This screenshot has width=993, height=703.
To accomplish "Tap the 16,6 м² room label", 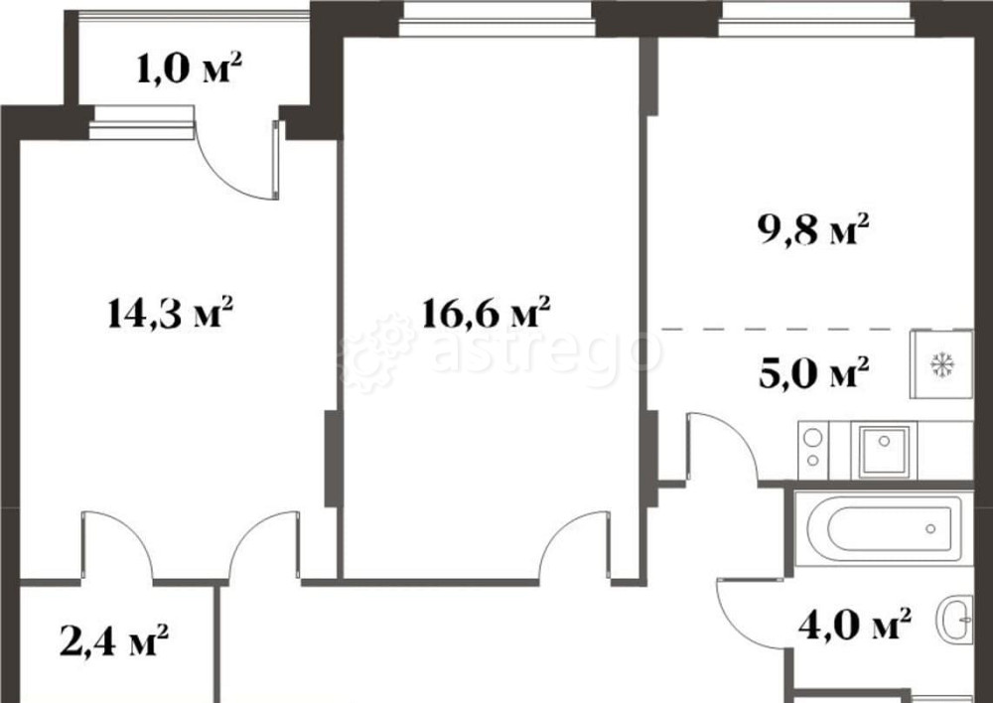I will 486,316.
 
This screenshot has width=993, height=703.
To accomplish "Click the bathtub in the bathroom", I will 879,527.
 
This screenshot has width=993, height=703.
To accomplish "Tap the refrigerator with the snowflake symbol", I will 940,364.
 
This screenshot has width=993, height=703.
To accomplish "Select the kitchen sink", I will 882,450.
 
